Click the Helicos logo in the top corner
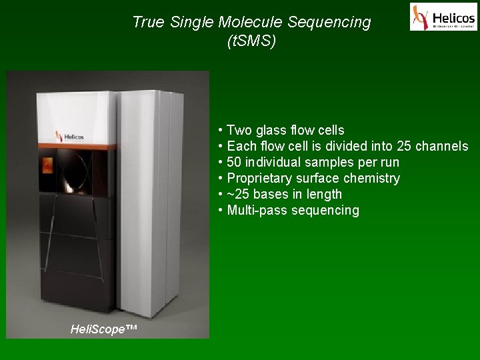[443, 17]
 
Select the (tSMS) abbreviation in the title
[251, 41]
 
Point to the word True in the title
[148, 22]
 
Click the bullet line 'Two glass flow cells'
[285, 130]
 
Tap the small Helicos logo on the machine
[70, 136]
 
